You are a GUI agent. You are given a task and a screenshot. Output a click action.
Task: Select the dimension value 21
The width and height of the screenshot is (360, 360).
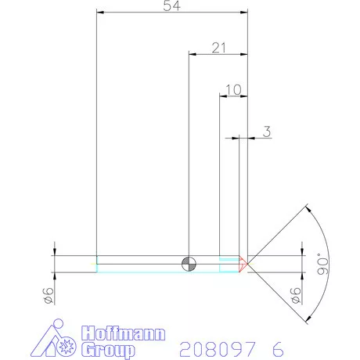pos(218,48)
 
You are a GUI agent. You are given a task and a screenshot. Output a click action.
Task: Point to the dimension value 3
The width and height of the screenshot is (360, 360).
pos(267,132)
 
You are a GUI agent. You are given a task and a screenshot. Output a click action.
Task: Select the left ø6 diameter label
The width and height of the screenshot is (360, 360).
pos(48,295)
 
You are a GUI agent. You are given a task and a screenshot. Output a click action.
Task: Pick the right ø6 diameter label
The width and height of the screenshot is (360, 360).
pos(296,295)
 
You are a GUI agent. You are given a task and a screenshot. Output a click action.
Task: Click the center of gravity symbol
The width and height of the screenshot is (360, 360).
pos(189,262)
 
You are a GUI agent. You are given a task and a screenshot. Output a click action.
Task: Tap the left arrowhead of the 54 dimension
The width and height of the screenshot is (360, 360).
pos(99,13)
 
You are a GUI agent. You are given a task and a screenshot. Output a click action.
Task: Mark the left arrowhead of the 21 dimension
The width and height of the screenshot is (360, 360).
pos(192,54)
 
